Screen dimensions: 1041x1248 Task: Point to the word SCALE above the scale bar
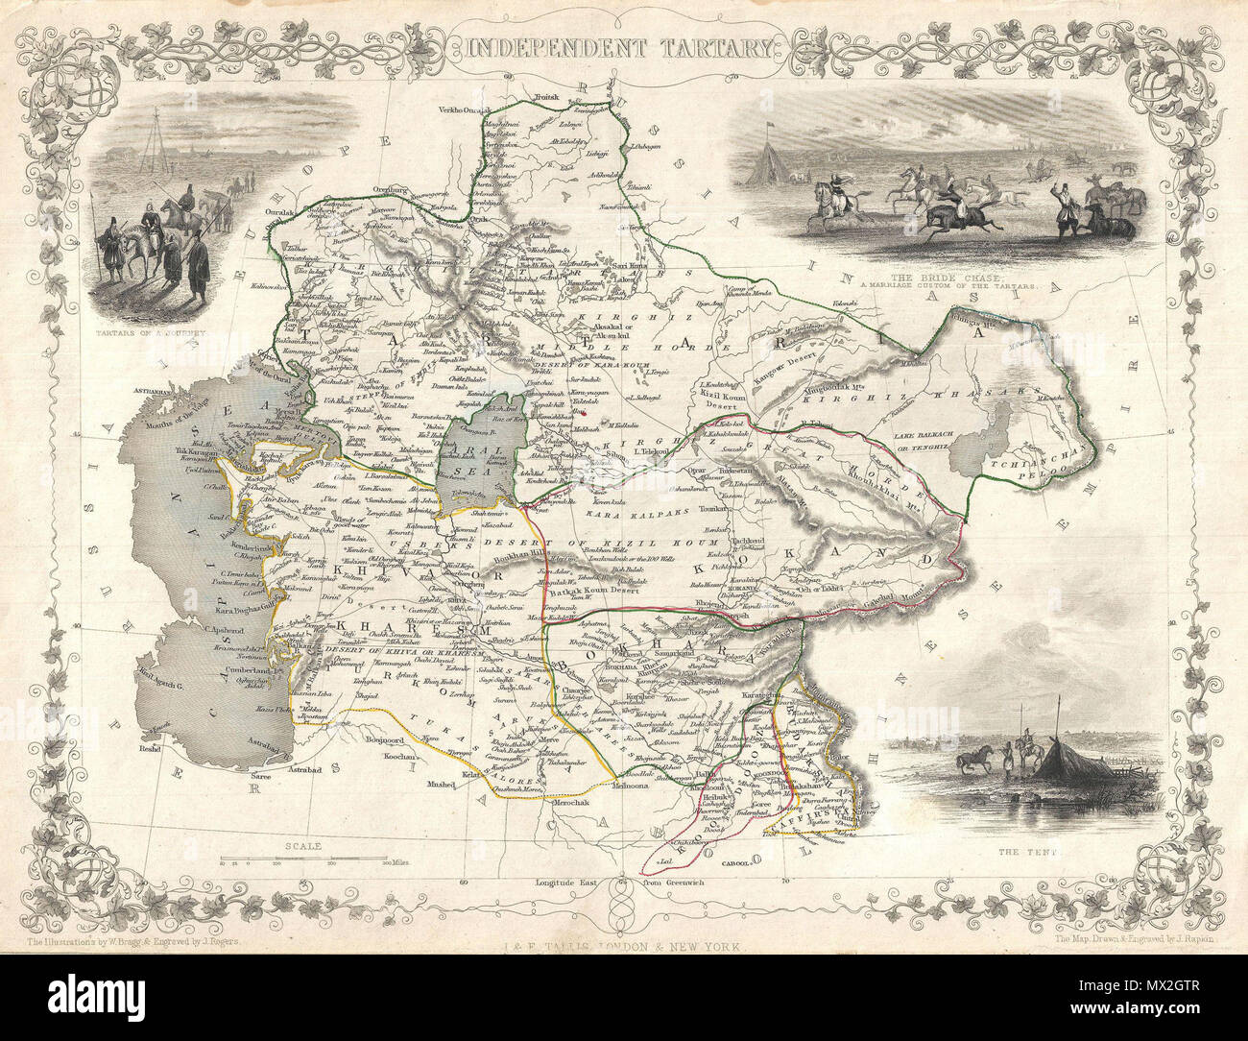tap(302, 846)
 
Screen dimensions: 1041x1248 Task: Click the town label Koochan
tap(391, 758)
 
